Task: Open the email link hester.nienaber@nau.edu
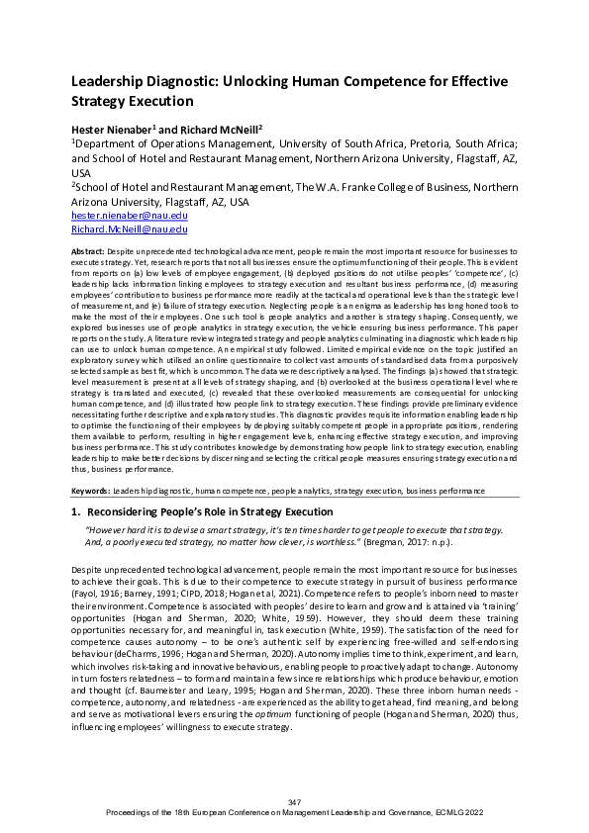pyautogui.click(x=129, y=215)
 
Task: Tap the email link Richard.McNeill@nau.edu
pyautogui.click(x=129, y=230)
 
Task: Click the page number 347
pyautogui.click(x=294, y=801)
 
